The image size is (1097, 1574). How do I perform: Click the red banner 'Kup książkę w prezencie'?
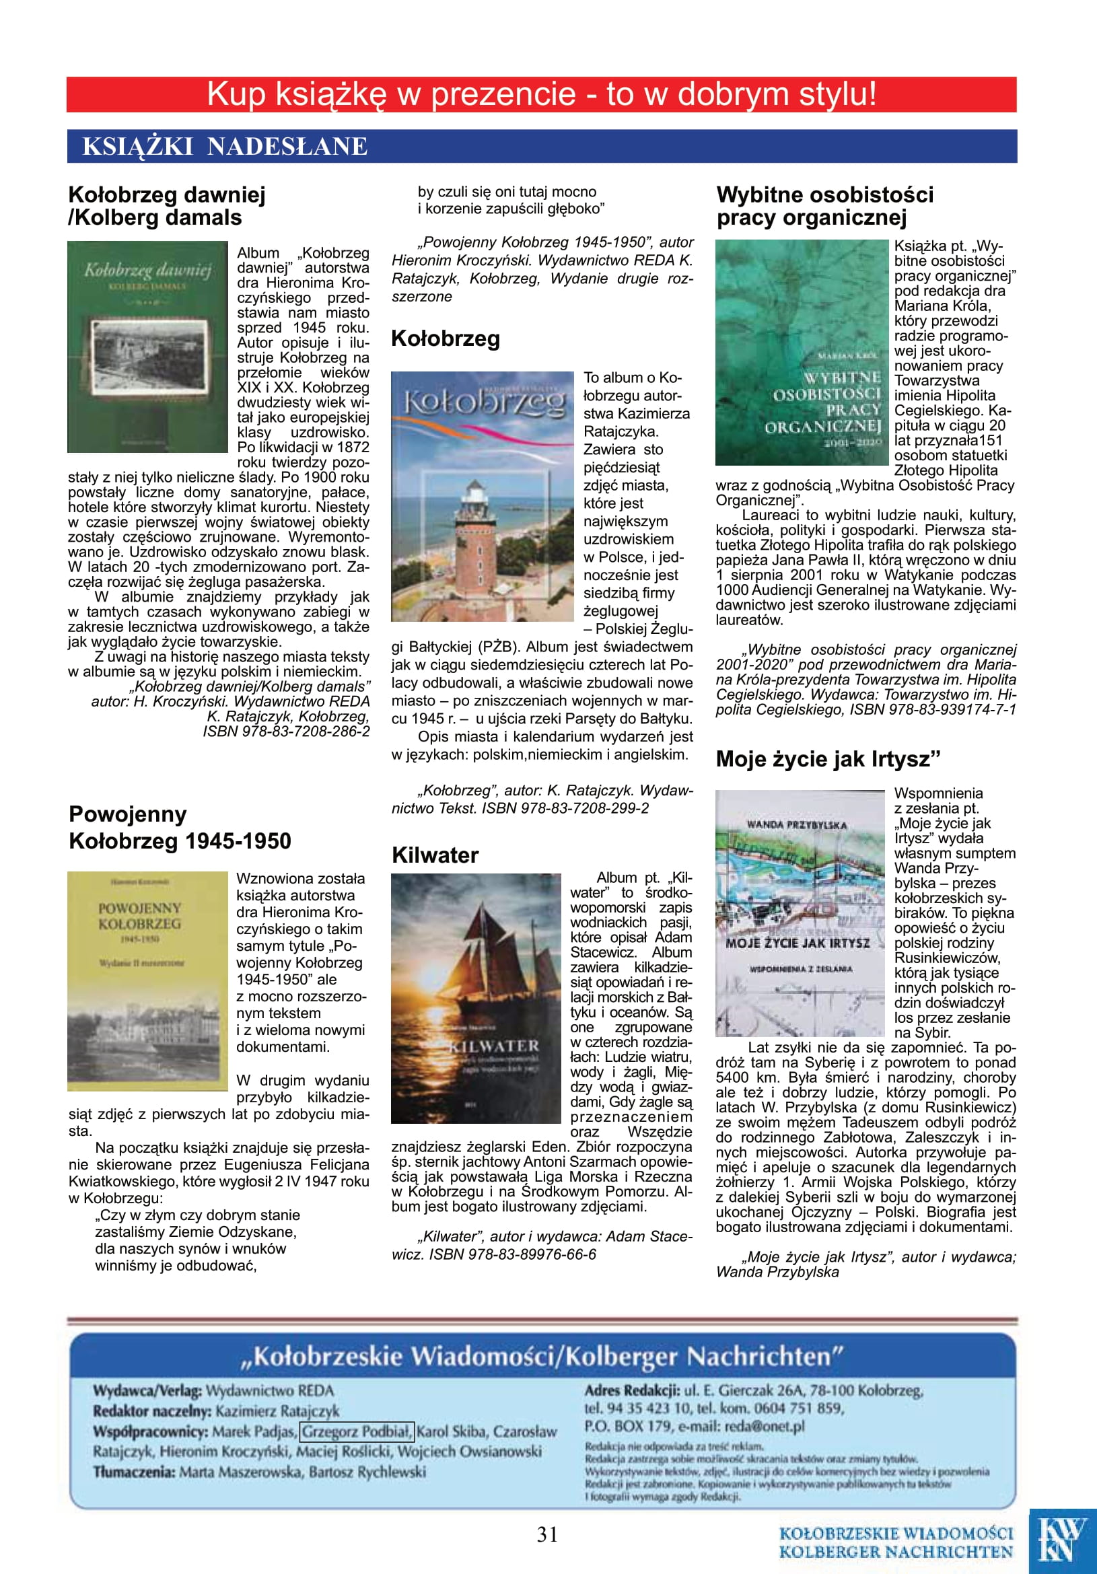[542, 95]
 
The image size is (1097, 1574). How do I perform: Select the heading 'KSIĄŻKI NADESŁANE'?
[225, 147]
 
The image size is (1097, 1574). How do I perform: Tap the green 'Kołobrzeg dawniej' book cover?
[147, 346]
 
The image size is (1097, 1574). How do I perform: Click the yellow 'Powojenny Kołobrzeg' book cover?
[147, 981]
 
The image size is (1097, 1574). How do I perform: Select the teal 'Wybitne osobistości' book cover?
[802, 353]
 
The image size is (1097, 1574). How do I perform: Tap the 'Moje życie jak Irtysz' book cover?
[800, 913]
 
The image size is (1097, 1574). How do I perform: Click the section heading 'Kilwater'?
[435, 855]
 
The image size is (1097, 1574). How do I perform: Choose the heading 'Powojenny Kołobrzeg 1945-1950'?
[180, 828]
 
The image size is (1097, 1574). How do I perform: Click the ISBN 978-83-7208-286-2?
[286, 731]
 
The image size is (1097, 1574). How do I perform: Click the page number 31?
[547, 1534]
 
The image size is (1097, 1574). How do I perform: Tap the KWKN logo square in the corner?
[1062, 1540]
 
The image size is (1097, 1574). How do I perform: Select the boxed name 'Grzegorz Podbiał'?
[357, 1431]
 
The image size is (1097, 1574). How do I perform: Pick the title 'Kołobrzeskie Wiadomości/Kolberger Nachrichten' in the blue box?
[542, 1357]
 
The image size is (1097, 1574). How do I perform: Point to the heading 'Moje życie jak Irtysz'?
[828, 759]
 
